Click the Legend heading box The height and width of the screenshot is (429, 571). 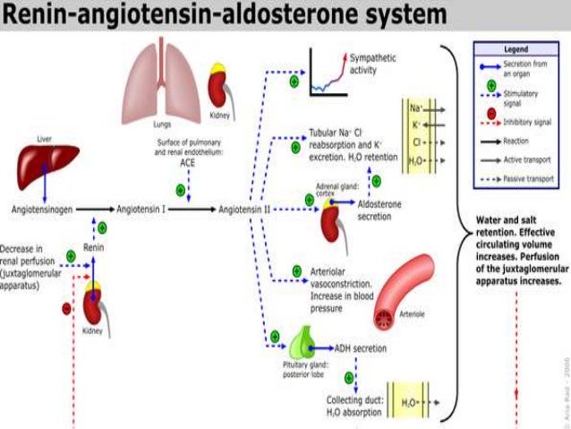pos(518,49)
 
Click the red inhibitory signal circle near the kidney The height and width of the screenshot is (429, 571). pos(66,309)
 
